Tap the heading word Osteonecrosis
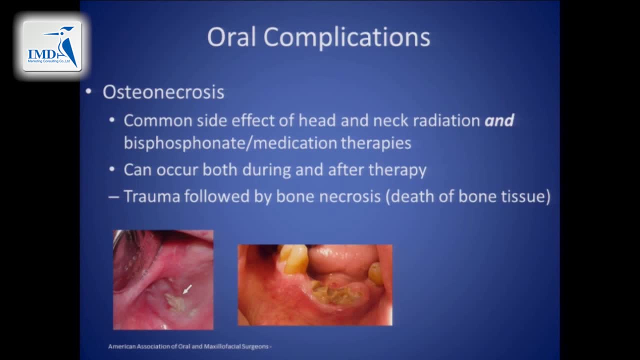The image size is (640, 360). tap(163, 92)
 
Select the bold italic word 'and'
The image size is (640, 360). tap(499, 120)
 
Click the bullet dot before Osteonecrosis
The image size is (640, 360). tap(88, 92)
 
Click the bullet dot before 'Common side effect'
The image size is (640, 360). tap(112, 121)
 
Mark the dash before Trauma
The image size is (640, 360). tap(113, 196)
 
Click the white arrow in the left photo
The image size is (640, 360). tap(187, 289)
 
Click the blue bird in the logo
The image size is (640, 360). tap(66, 45)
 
